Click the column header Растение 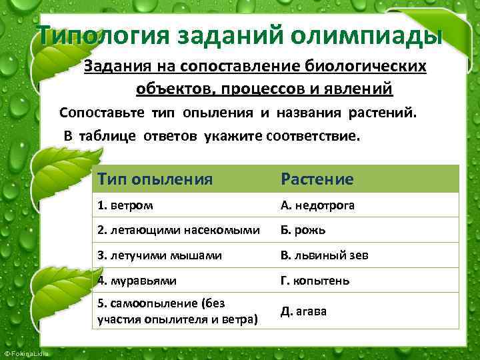317,179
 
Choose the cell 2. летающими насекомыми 178,230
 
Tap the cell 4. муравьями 137,281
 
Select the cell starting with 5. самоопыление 177,311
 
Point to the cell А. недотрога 317,205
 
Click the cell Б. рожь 303,230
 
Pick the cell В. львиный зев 325,255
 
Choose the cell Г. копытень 315,281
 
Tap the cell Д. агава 304,311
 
